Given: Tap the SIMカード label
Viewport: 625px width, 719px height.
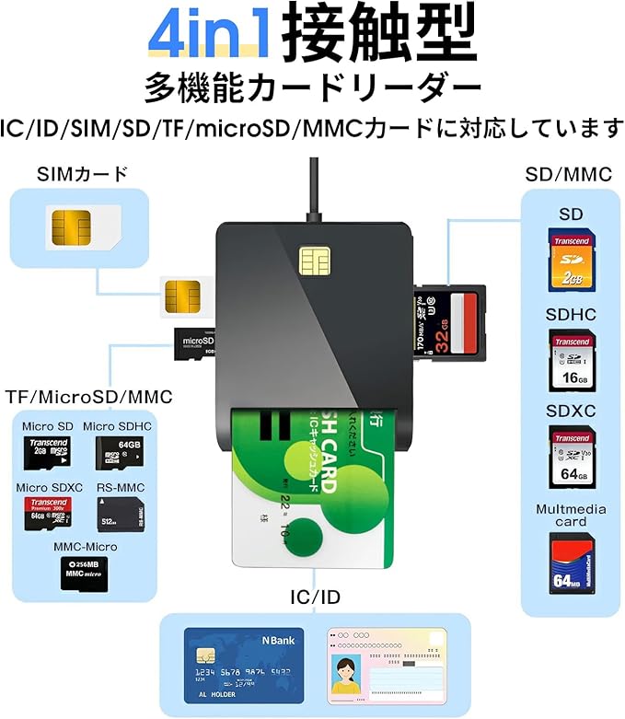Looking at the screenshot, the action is coord(82,174).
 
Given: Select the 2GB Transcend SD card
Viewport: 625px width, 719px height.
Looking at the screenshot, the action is coord(572,260).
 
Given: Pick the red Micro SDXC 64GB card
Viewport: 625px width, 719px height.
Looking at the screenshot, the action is coord(46,515).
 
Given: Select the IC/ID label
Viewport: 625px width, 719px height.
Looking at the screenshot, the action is coord(314,597).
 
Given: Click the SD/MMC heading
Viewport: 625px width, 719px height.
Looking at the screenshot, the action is coord(569,174).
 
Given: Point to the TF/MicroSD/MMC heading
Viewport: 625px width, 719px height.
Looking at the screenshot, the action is coord(88,397).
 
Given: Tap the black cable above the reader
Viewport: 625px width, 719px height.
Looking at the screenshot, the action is coord(316,189).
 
